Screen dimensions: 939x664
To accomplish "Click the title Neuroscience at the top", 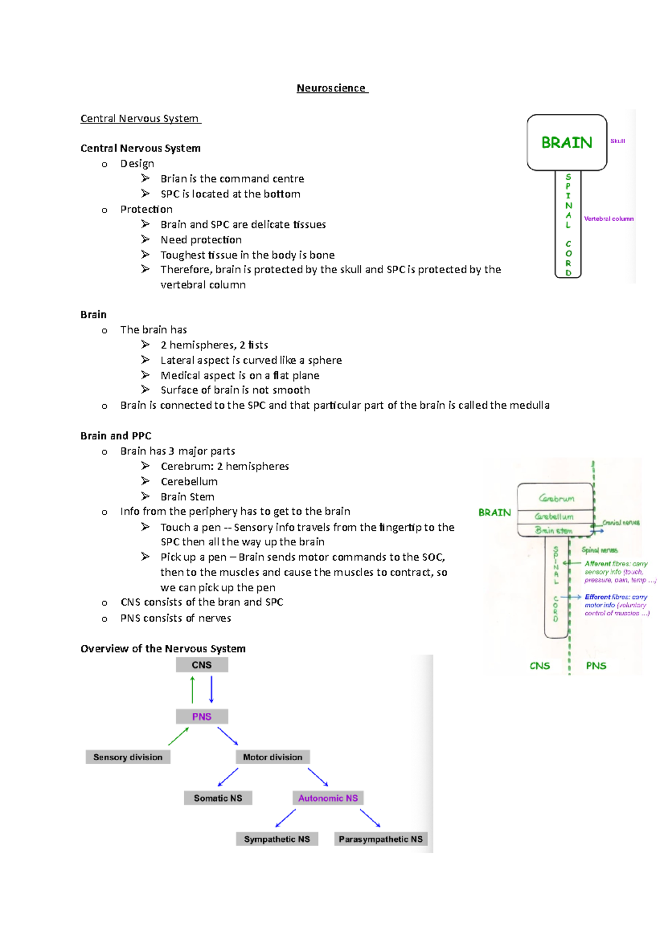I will [331, 88].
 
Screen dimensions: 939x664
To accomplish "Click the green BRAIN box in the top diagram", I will [567, 143].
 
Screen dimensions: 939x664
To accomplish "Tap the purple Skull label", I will [618, 141].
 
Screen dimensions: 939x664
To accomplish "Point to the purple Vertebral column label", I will [609, 218].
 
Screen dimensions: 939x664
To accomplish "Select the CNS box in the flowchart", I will [201, 665].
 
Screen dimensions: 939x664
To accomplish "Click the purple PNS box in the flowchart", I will [201, 717].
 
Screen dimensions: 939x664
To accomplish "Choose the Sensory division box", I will [128, 757].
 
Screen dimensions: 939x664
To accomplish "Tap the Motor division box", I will [272, 757].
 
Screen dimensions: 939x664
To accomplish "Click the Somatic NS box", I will [218, 798].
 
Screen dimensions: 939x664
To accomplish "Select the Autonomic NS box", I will [328, 798].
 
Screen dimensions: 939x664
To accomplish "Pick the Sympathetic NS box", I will [277, 839].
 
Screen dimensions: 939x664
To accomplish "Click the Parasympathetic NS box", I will [381, 839].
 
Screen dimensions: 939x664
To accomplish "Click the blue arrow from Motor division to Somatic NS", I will [228, 777].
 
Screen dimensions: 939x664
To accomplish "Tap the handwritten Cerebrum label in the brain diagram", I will [557, 498].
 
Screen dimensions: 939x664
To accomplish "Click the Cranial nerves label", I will [621, 522].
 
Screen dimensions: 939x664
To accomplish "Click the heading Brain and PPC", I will [116, 436].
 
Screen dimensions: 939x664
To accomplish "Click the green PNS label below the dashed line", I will [596, 666].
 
